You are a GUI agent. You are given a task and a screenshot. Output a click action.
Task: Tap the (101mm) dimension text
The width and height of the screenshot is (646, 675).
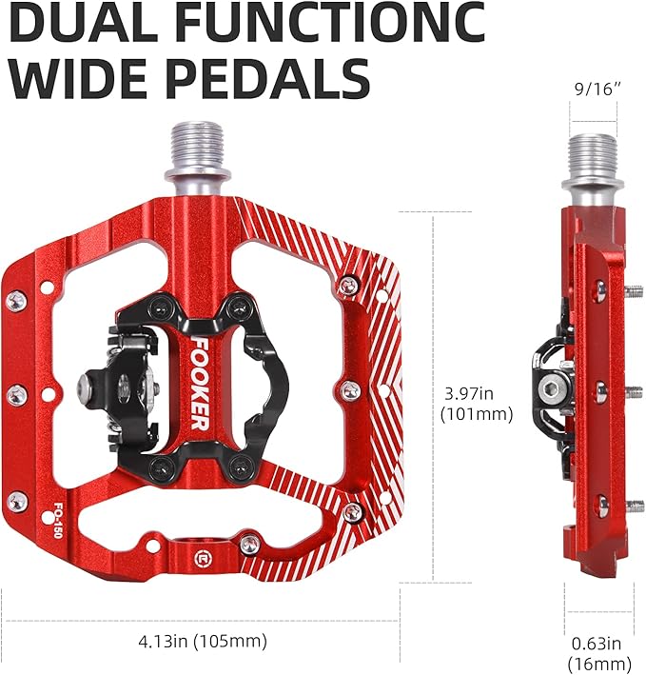tap(476, 414)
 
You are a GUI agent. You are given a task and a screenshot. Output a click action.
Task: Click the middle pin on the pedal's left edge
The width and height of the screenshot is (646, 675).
tap(17, 393)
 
